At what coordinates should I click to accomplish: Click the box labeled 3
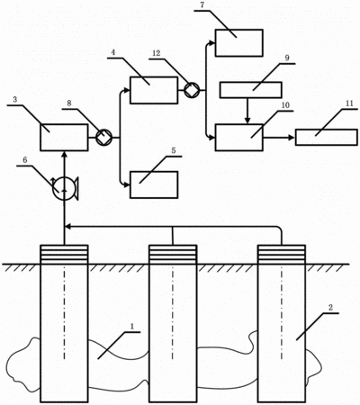coord(64,138)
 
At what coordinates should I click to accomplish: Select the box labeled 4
coord(154,90)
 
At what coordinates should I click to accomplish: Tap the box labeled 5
coord(154,184)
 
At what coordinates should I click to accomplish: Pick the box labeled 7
coord(239,43)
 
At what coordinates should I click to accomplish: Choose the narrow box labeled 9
coord(251,90)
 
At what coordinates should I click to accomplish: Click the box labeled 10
coord(239,138)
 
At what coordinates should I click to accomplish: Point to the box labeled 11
coord(327,138)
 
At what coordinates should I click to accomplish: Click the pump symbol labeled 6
coord(65,189)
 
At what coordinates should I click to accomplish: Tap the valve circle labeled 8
coord(103,138)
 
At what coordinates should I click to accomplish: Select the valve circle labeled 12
coord(192,90)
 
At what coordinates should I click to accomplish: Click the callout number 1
coord(131,325)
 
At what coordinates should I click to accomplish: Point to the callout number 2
coord(330,307)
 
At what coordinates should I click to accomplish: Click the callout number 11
coord(349,103)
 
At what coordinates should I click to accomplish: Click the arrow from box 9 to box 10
coord(247,111)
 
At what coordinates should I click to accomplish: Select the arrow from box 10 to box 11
coord(279,138)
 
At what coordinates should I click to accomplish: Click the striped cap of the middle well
coord(173,255)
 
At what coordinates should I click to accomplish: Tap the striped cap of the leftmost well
coord(64,255)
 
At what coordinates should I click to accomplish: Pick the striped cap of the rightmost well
coord(282,255)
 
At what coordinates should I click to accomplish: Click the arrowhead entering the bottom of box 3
coord(64,154)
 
